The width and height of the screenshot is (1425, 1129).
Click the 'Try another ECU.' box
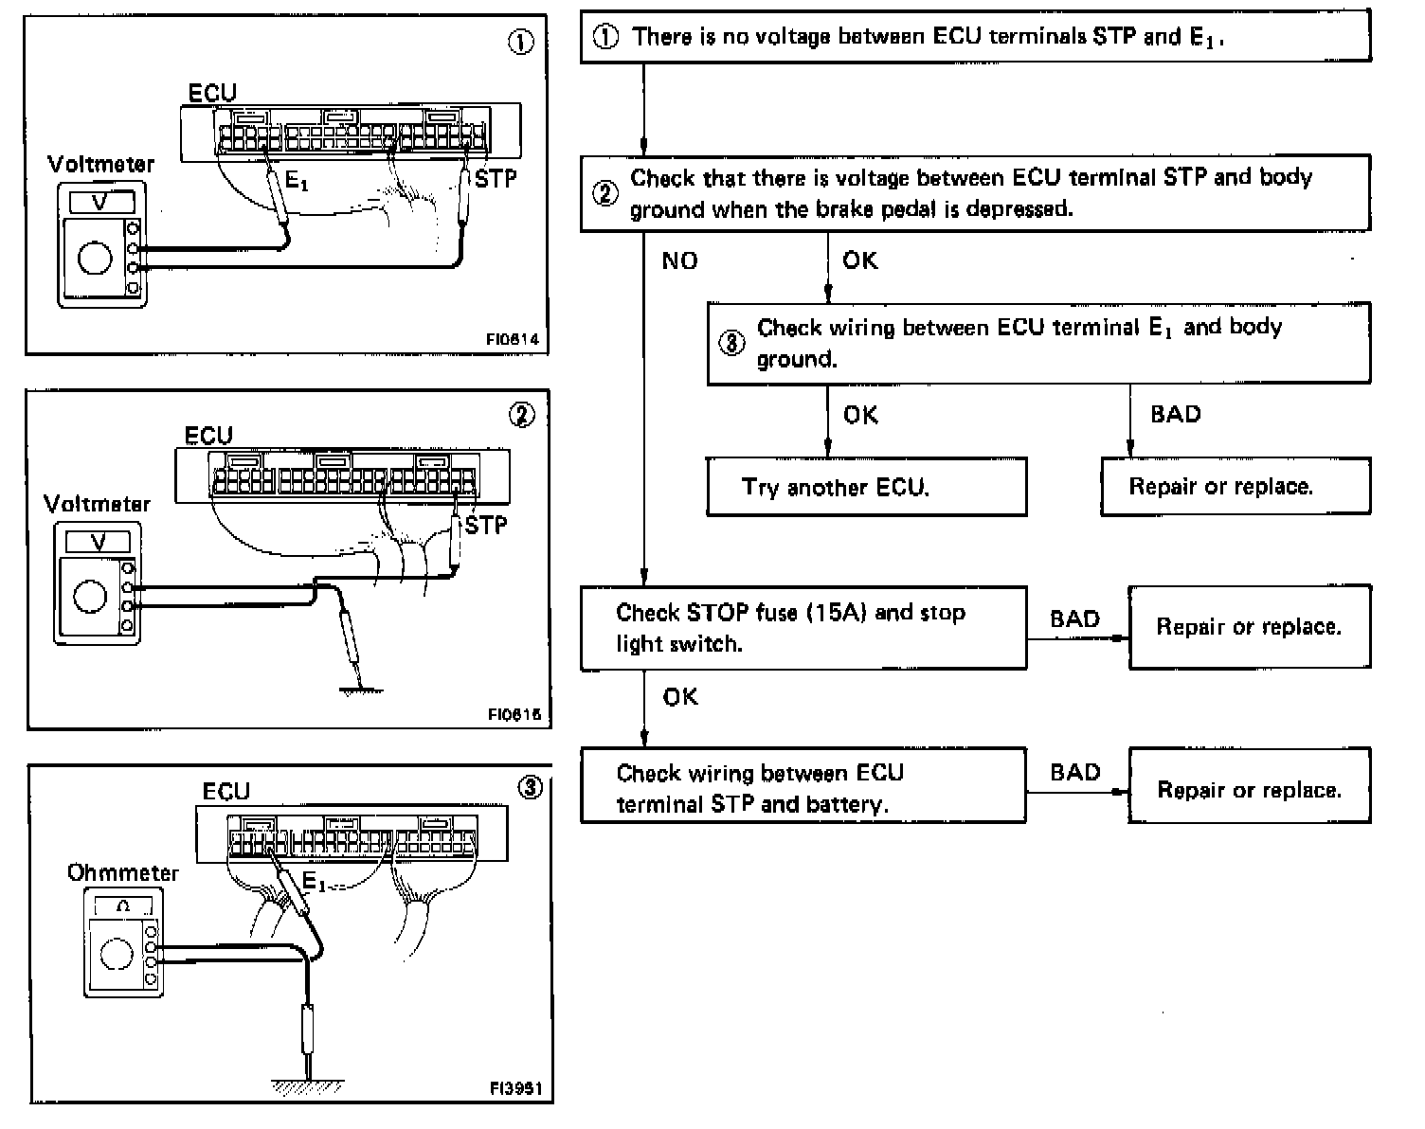[866, 487]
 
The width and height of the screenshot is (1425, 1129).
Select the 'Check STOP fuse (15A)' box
[803, 627]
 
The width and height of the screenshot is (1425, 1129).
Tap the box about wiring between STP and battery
[803, 788]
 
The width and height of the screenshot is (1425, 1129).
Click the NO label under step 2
[679, 260]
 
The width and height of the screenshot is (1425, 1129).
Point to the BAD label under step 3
[1175, 414]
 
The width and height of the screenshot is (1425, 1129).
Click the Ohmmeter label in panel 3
[122, 872]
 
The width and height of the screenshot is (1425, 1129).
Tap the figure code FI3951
[515, 1088]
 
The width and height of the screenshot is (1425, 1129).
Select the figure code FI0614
[515, 339]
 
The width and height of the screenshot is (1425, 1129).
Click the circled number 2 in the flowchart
[604, 193]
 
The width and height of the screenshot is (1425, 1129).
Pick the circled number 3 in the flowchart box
[731, 343]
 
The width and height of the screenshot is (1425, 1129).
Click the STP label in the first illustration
[496, 177]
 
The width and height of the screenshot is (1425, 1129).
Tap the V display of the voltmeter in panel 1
[99, 202]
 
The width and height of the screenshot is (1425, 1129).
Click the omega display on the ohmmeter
[122, 905]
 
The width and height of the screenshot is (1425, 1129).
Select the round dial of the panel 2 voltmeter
[91, 597]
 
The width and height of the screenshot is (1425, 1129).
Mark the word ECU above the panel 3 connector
[226, 791]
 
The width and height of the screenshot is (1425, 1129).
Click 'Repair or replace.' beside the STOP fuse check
[1249, 627]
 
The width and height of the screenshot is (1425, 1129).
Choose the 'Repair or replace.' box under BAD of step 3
[1235, 487]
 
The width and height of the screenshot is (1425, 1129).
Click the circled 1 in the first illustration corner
[521, 43]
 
